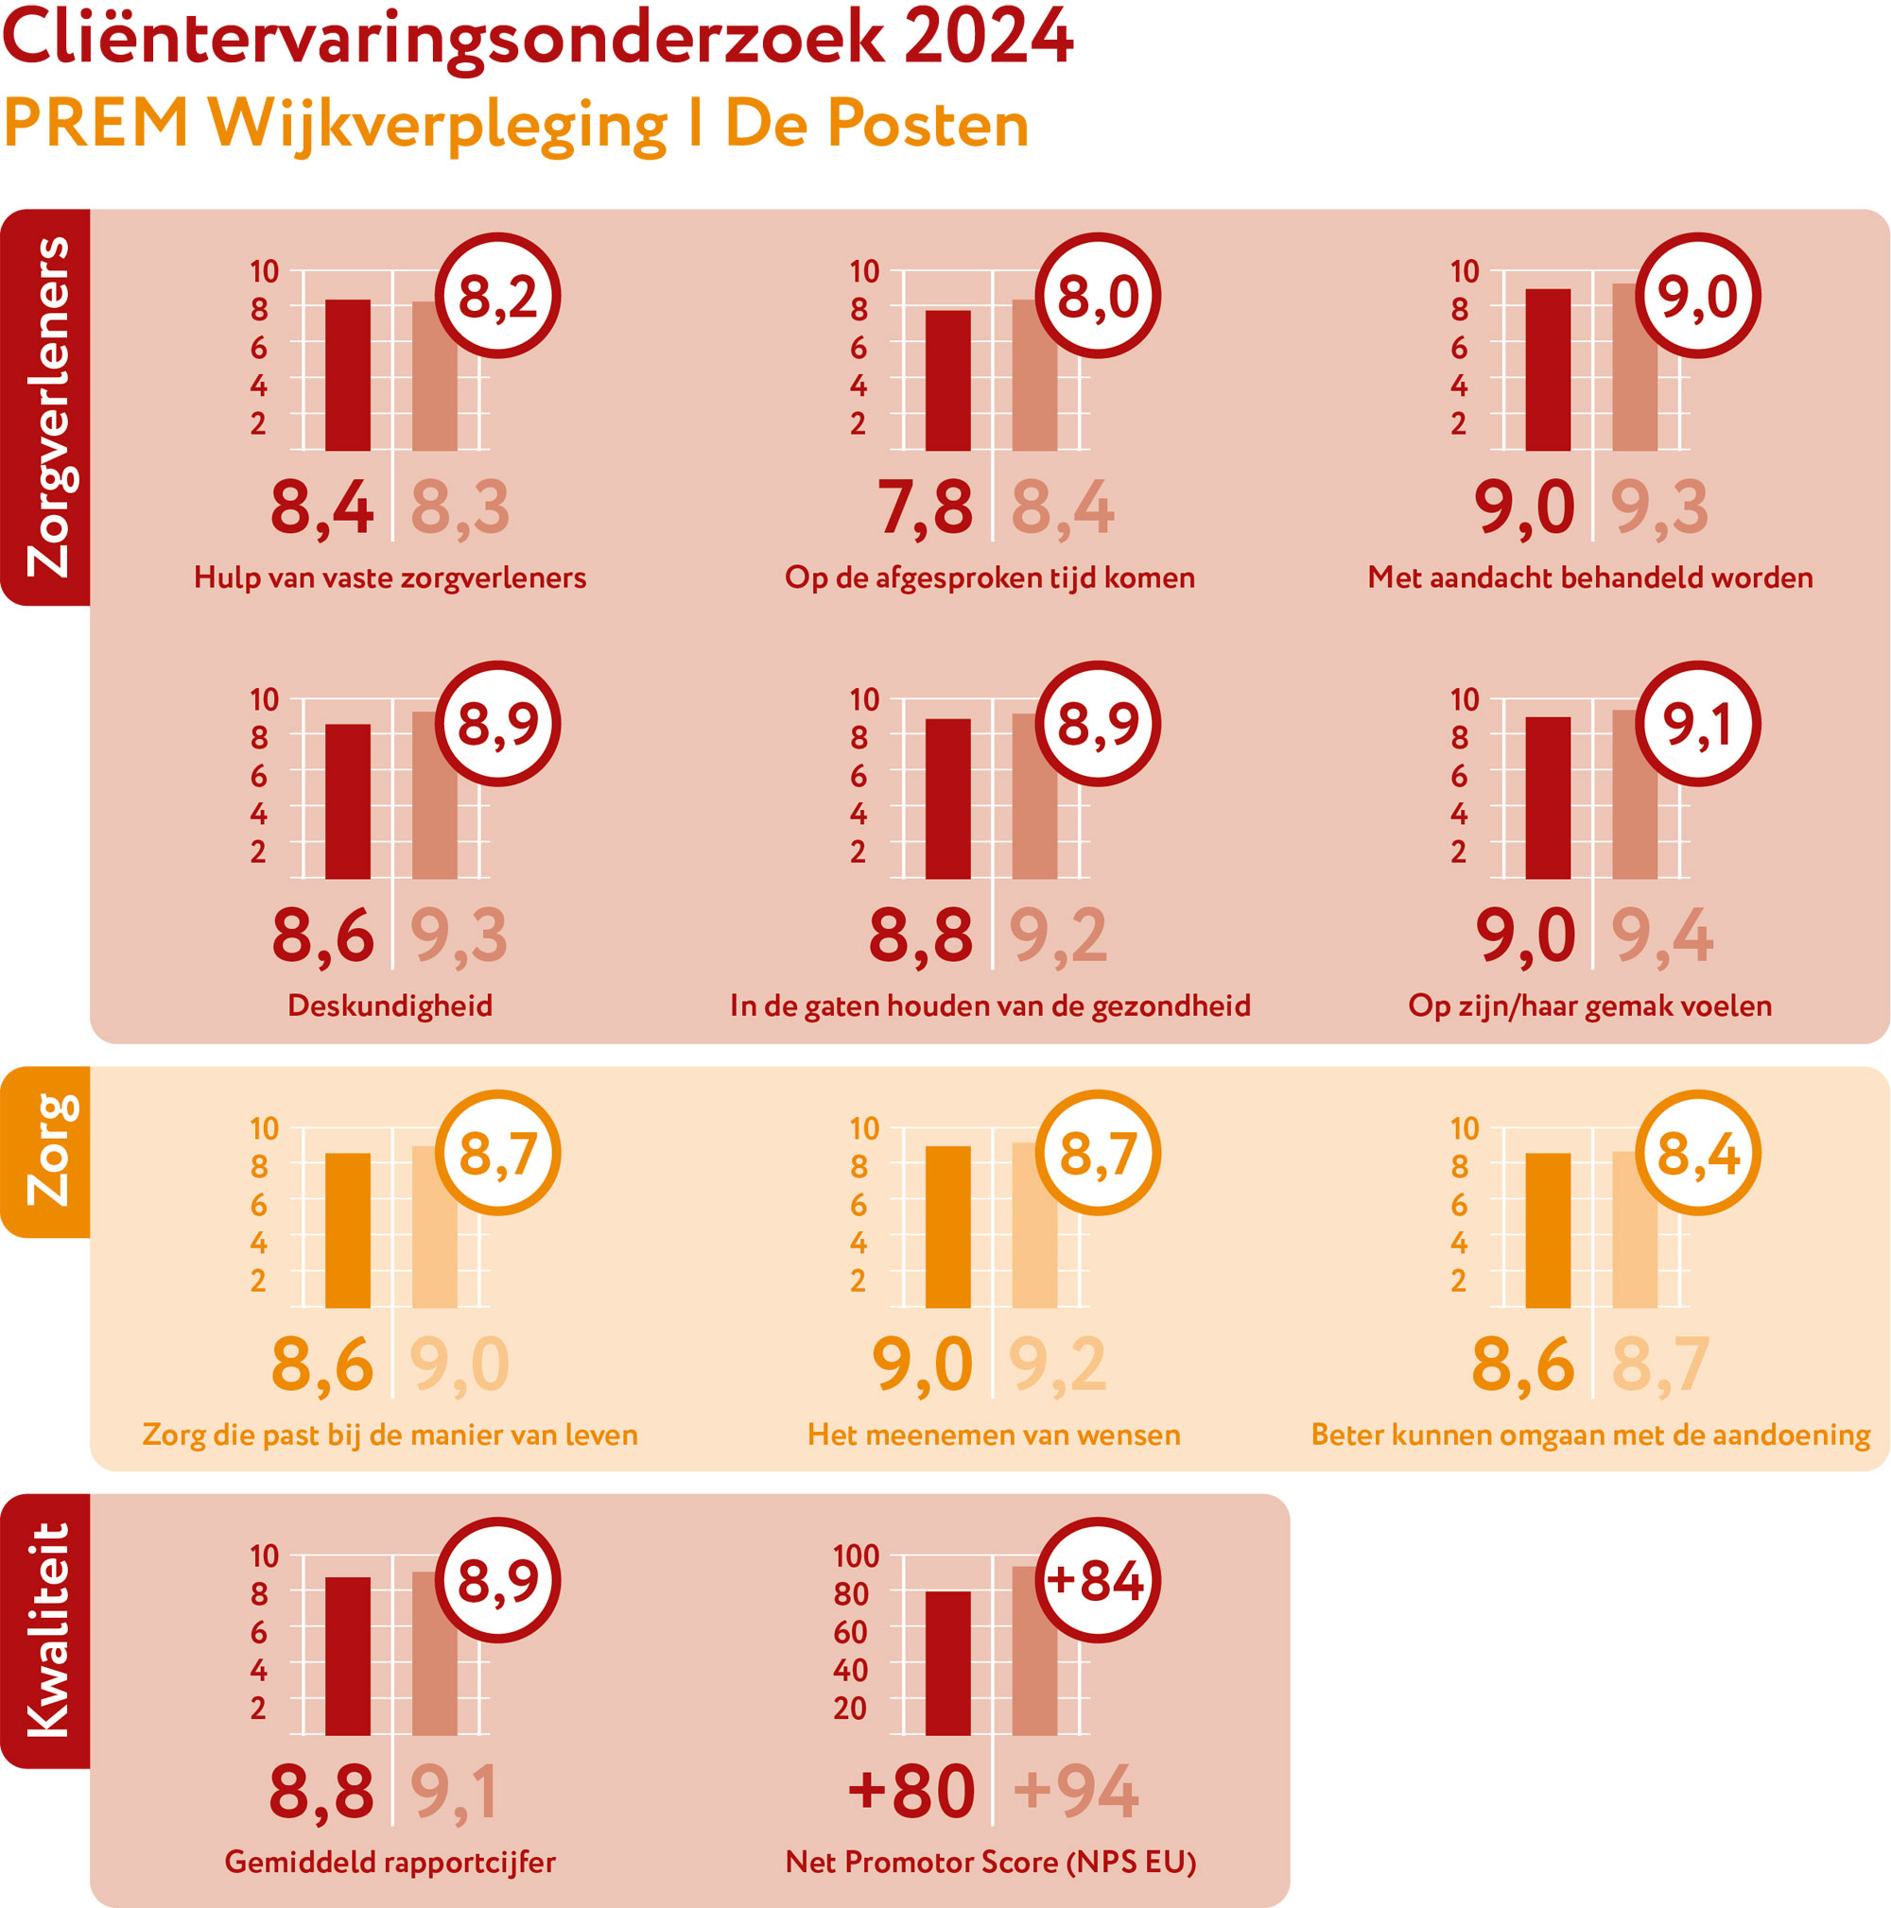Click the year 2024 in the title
[987, 38]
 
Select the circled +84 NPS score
[1097, 1580]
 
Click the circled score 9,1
[1697, 724]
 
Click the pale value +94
[1076, 1791]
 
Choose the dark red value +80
[911, 1791]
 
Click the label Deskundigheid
[390, 1006]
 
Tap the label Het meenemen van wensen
[993, 1434]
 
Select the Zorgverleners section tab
[46, 407]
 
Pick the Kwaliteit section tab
[46, 1629]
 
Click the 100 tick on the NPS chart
[856, 1556]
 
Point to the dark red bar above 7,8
[947, 380]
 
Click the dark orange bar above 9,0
[947, 1227]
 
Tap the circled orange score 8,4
[1697, 1153]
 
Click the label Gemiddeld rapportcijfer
[390, 1862]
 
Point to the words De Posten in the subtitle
[876, 125]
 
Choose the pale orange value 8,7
[1659, 1364]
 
